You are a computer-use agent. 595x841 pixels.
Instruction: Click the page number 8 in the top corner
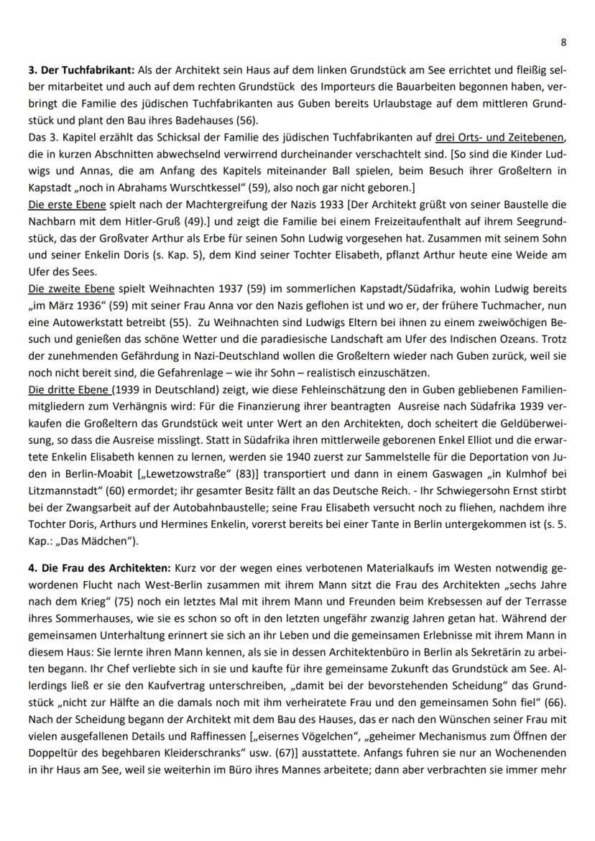click(563, 42)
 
